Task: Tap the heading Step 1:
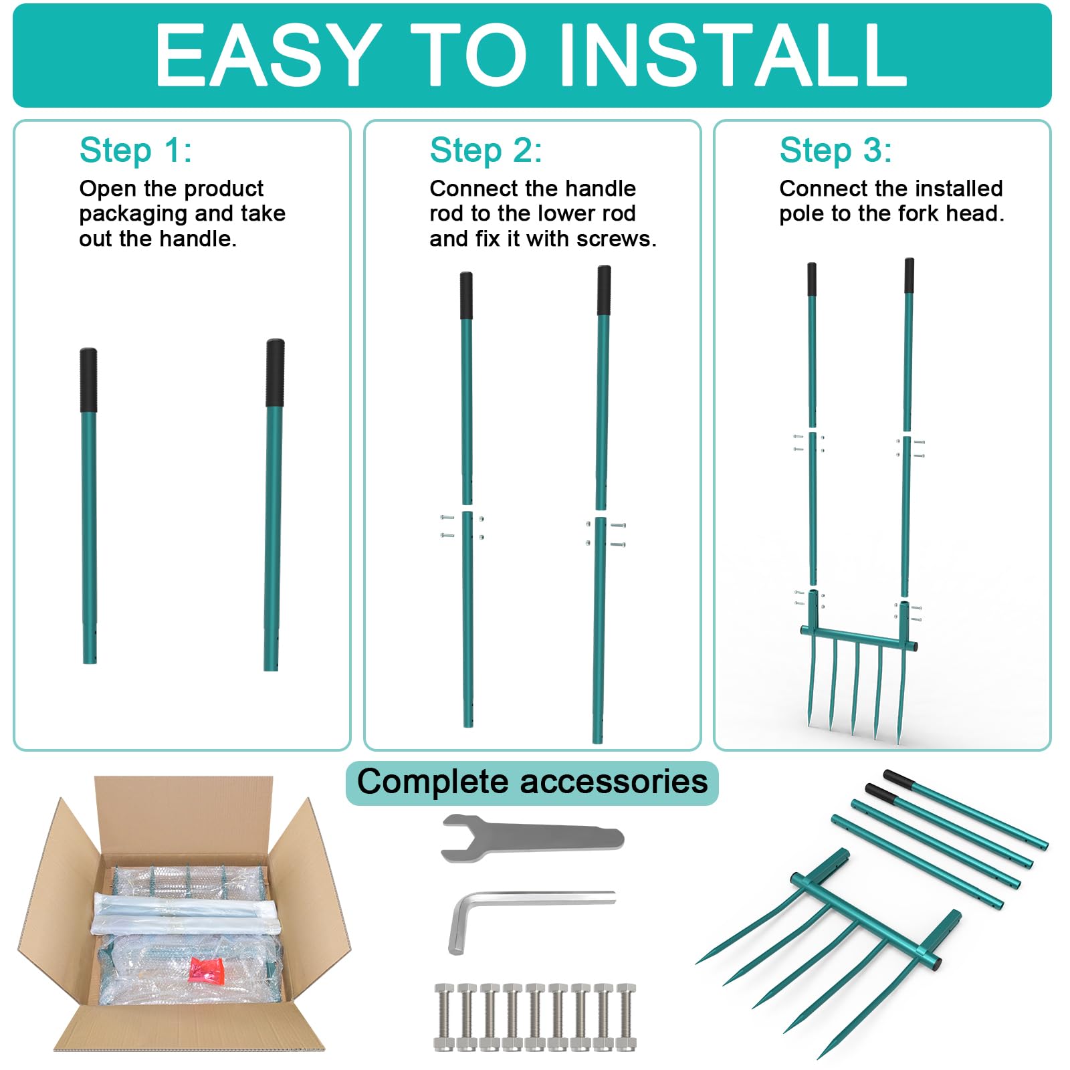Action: (136, 150)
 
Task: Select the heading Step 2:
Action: (486, 150)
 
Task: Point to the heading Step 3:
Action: (835, 150)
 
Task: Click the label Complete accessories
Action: (532, 782)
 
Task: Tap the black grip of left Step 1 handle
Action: (88, 380)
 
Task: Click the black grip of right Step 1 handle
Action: (275, 373)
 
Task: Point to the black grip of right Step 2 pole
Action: (604, 290)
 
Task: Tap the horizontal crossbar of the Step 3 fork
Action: (859, 637)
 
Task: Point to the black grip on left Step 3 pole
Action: (811, 280)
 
